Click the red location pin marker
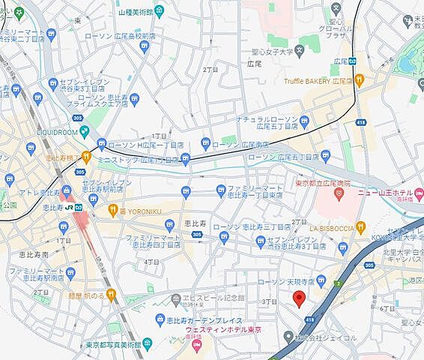pyautogui.click(x=298, y=298)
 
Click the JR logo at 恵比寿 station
pyautogui.click(x=68, y=206)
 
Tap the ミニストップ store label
pyautogui.click(x=139, y=160)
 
